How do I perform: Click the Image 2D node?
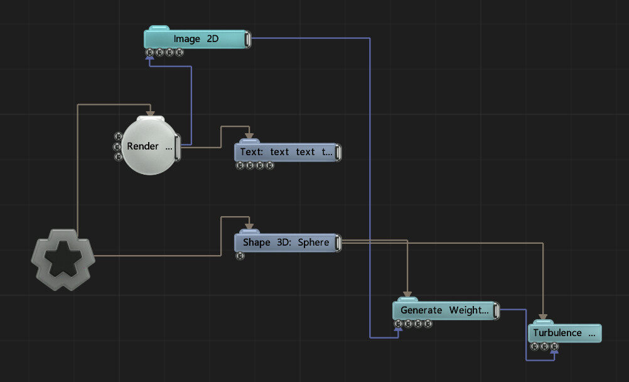tap(196, 39)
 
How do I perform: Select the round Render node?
tap(149, 145)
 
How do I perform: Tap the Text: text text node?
tap(288, 152)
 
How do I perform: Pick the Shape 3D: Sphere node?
tap(288, 243)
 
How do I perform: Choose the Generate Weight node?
tap(446, 310)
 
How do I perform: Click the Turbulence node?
tap(565, 332)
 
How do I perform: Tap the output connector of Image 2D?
tap(247, 40)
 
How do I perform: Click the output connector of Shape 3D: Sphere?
tap(338, 243)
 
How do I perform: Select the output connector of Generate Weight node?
tap(496, 311)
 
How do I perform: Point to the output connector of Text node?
tap(338, 153)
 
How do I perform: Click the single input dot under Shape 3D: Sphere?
tap(240, 256)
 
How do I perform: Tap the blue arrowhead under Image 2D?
tap(149, 58)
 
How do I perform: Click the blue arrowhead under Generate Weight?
tap(398, 329)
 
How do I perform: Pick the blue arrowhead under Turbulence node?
tap(554, 352)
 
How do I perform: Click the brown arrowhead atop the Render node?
tap(150, 114)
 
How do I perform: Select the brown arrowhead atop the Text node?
tap(249, 136)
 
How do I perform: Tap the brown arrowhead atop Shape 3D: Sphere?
tap(249, 226)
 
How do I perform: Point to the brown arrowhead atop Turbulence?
tap(543, 317)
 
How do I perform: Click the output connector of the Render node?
tap(177, 148)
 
